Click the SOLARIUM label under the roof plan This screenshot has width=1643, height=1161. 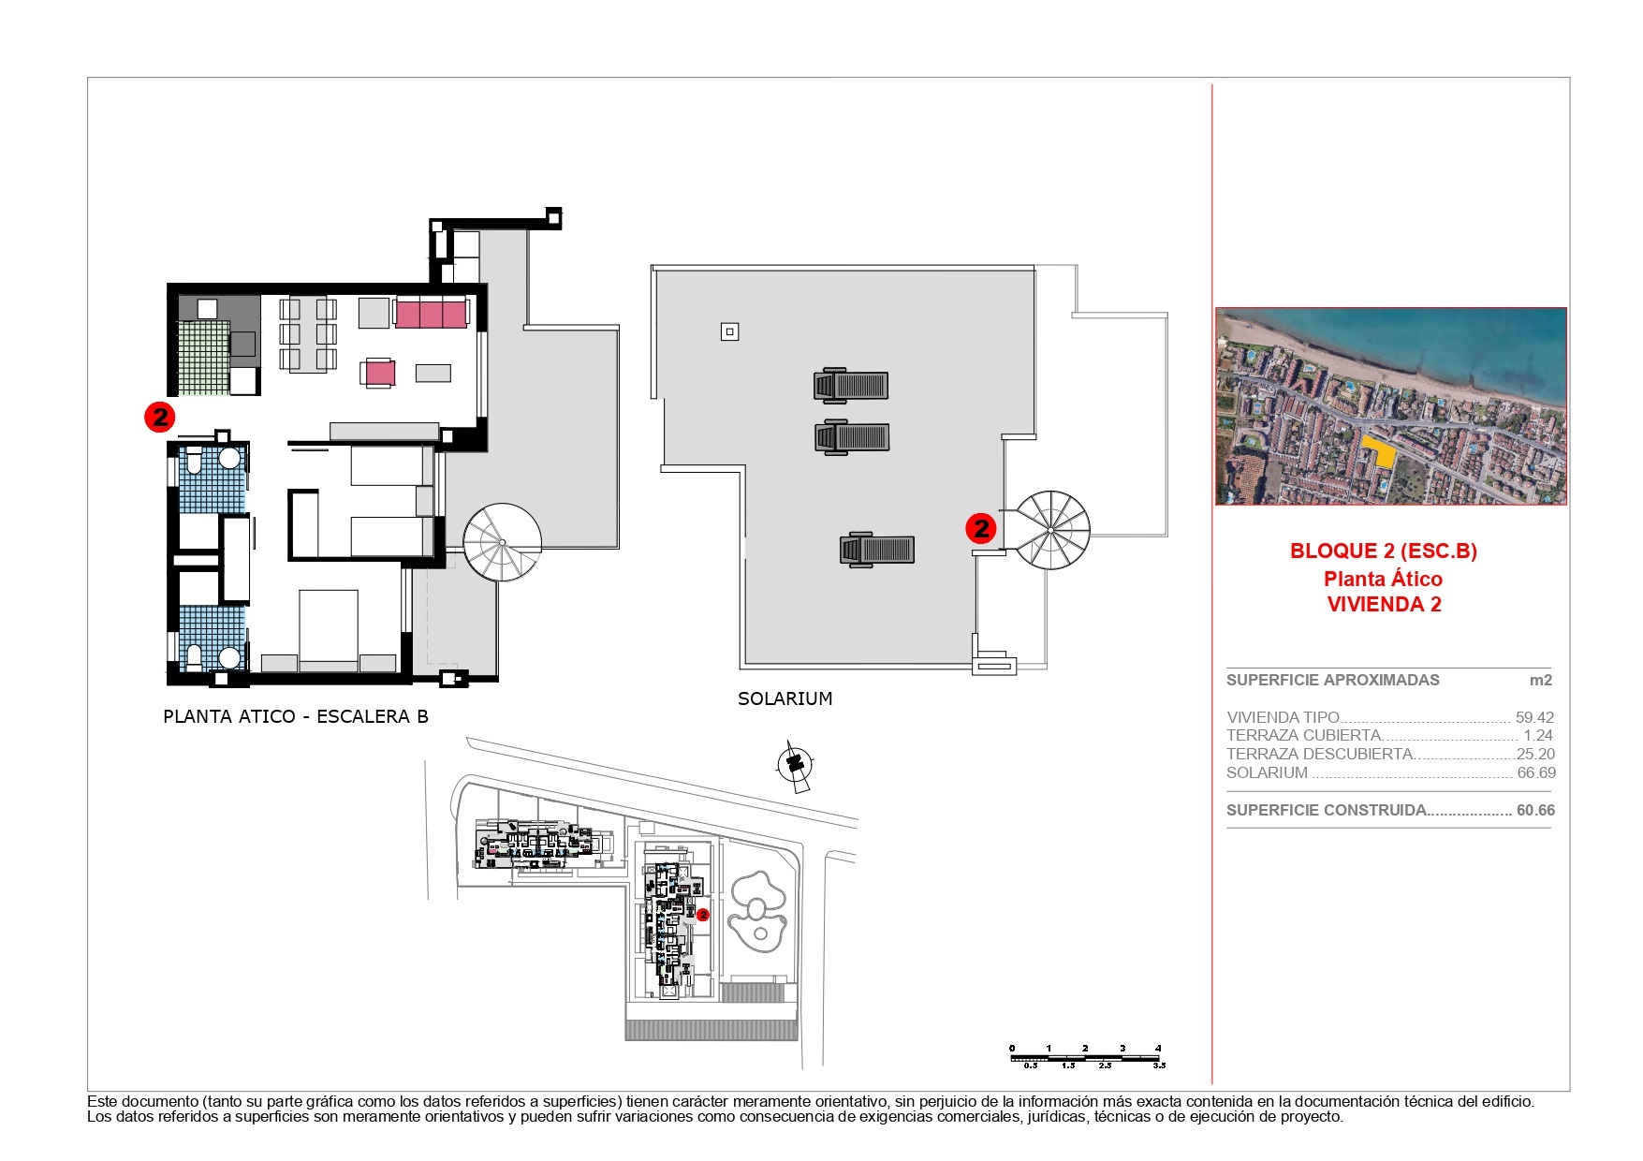[x=785, y=698]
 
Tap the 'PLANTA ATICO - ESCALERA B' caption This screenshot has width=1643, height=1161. [x=296, y=716]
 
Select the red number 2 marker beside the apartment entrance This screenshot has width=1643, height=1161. [x=160, y=417]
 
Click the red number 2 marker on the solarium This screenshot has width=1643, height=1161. [x=981, y=529]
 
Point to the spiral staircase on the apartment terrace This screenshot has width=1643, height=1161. [x=502, y=542]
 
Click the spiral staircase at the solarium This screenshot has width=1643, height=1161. [x=1052, y=530]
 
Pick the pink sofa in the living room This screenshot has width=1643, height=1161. [x=431, y=312]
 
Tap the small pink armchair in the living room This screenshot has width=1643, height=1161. [x=379, y=373]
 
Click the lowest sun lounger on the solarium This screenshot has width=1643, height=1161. [x=877, y=550]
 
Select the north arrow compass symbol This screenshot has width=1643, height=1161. [x=795, y=766]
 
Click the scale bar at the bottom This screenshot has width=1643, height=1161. [x=1086, y=1058]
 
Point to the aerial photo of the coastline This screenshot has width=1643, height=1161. [x=1390, y=406]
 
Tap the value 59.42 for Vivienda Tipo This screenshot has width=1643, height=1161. [x=1534, y=717]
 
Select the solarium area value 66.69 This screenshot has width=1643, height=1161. [x=1536, y=772]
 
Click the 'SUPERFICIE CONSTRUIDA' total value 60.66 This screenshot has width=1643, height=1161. [x=1535, y=810]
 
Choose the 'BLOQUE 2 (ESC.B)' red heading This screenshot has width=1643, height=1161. [x=1383, y=551]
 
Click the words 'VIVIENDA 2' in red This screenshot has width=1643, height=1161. [x=1384, y=604]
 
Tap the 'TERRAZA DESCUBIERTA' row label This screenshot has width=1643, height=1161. [x=1319, y=754]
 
